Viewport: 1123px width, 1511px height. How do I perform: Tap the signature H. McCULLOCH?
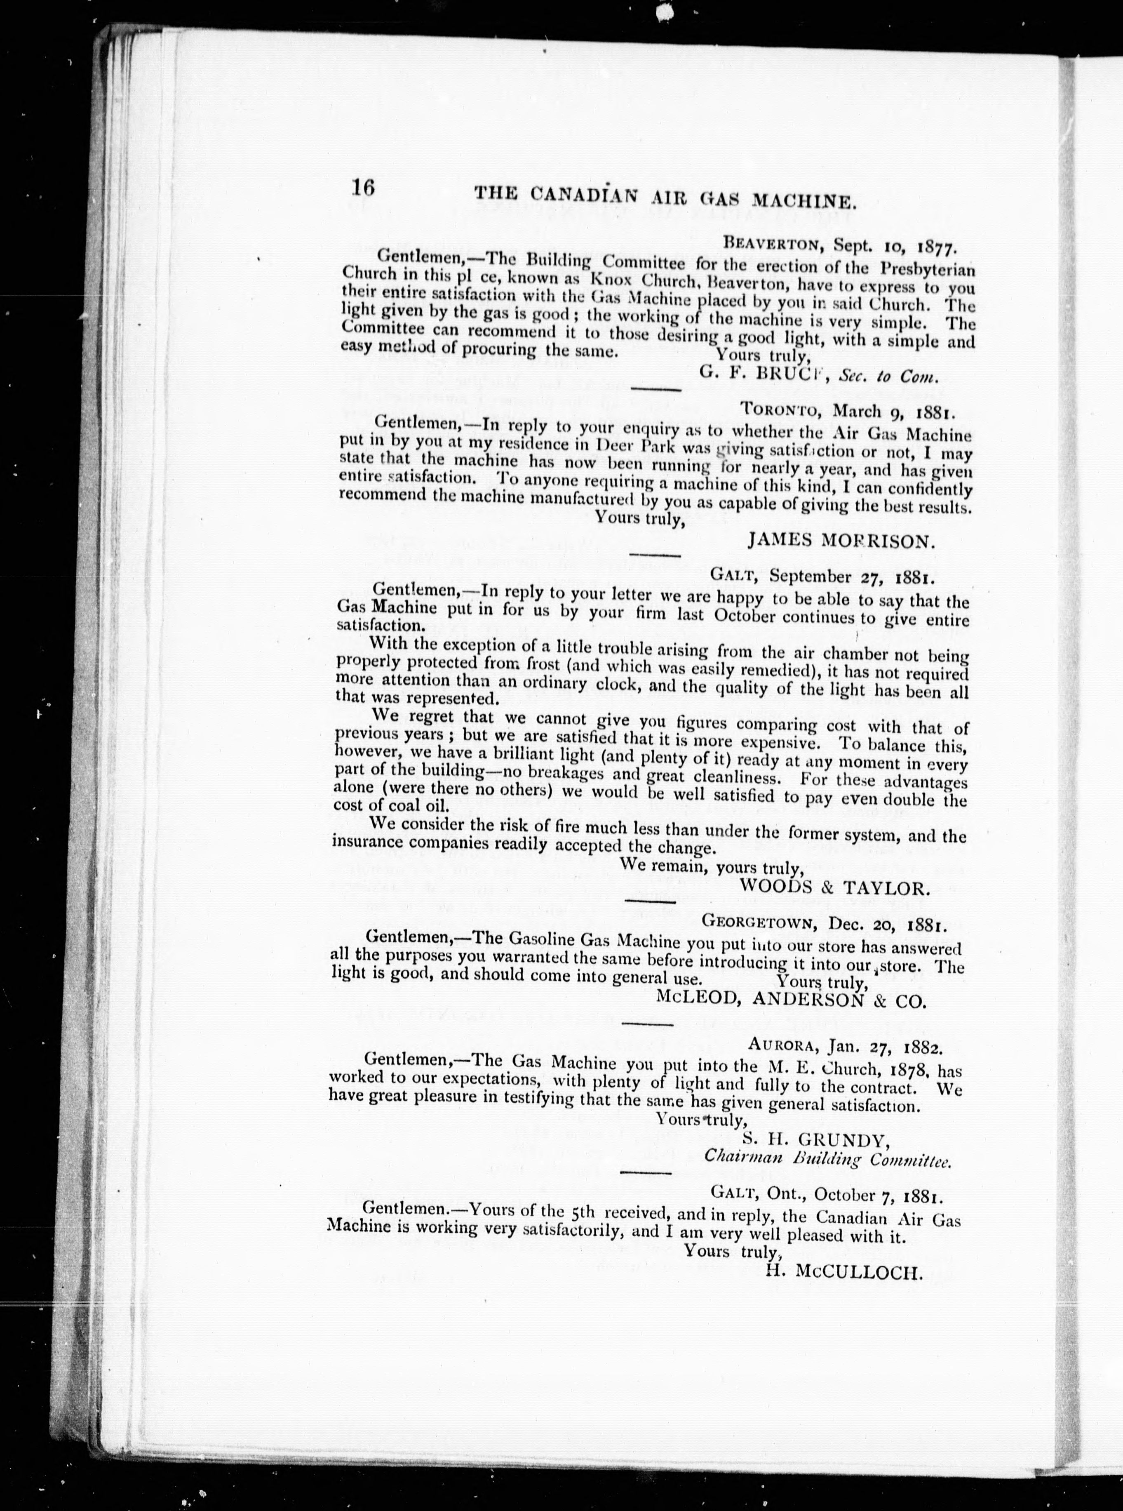[x=843, y=1272]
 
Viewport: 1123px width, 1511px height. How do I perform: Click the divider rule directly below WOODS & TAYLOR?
[x=649, y=902]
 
